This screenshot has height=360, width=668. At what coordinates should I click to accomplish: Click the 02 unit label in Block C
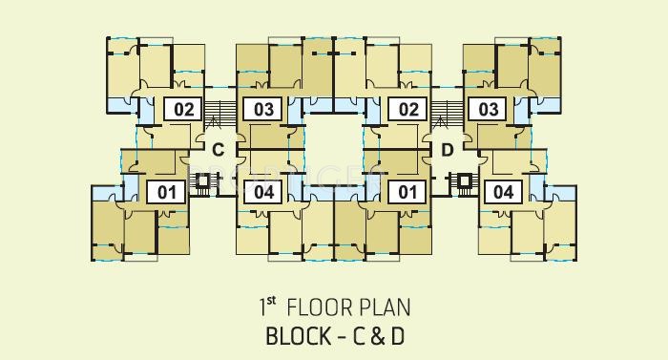pos(184,110)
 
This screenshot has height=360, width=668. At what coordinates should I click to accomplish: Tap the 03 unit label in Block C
pos(264,110)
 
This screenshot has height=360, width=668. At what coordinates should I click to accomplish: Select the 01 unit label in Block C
pos(168,192)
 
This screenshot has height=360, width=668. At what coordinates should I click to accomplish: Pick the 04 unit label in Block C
pos(264,192)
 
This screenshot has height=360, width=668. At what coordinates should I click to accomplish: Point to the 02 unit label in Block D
pos(408,110)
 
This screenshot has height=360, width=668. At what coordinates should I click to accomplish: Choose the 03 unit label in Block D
pos(489,110)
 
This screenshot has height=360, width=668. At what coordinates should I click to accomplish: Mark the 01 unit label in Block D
pos(408,192)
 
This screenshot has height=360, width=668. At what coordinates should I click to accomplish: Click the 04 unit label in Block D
pos(504,192)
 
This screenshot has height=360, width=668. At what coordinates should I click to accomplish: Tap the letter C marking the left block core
pos(218,149)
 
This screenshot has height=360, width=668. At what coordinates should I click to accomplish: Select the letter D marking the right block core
pos(447,149)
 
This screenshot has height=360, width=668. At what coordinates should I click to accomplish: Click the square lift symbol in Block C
pos(201,179)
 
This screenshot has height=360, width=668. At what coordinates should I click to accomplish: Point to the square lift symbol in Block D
pos(464,179)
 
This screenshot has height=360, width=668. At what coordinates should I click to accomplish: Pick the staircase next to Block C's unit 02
pos(220,114)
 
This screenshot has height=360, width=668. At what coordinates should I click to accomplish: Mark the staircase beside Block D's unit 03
pos(445,114)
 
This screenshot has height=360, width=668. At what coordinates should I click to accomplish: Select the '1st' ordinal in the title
pos(266,307)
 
